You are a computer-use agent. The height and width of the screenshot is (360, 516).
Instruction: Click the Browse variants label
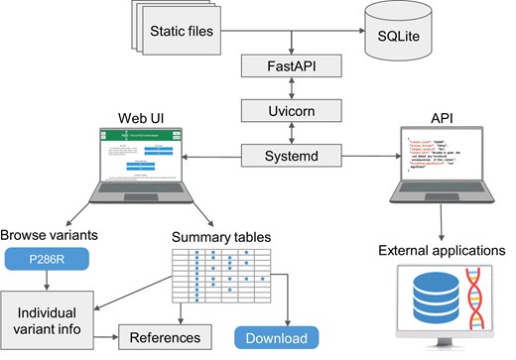(48, 236)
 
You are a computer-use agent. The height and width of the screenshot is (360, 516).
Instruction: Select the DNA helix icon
(469, 304)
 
